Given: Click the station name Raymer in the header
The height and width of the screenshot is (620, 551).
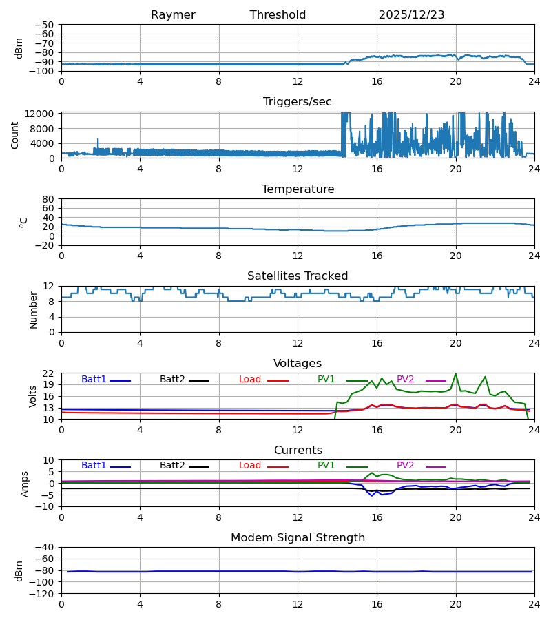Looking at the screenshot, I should pos(173,15).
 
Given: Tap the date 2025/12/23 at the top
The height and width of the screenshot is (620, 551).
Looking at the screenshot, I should pos(411,15).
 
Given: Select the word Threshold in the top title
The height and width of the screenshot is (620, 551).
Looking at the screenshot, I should pos(278,15).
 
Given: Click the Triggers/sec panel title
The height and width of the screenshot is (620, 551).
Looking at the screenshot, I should pos(298,102).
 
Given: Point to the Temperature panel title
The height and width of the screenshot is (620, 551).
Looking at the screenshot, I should pos(298,189).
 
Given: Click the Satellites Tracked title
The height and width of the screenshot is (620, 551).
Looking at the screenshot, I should pos(298,276).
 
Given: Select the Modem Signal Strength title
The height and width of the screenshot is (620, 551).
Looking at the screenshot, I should pos(298,538).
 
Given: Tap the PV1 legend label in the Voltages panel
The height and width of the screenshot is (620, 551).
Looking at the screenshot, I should pos(326,380).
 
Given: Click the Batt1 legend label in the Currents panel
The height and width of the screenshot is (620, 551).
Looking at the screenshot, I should pos(94,466).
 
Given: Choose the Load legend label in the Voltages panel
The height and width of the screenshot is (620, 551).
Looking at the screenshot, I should pos(250,380).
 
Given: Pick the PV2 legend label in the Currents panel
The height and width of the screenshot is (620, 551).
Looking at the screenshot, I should pos(406,466).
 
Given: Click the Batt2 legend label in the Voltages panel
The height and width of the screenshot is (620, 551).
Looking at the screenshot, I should pos(172,380).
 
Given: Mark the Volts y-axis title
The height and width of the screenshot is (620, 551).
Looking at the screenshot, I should pos(33,396).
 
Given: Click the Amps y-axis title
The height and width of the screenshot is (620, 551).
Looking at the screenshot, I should pos(25,483).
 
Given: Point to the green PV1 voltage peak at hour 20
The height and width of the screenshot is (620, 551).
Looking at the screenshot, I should pos(455,374).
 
